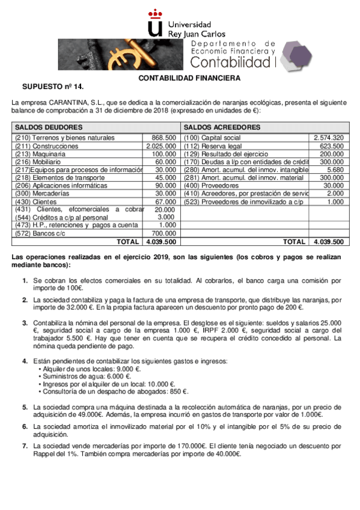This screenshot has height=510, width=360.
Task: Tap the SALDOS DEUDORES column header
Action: point(49,127)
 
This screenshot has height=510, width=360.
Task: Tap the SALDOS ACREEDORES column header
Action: point(222,127)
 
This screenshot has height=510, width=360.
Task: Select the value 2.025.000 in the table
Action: point(161,146)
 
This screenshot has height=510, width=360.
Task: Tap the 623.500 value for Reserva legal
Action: point(331,146)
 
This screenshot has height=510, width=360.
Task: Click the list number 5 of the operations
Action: point(25,407)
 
